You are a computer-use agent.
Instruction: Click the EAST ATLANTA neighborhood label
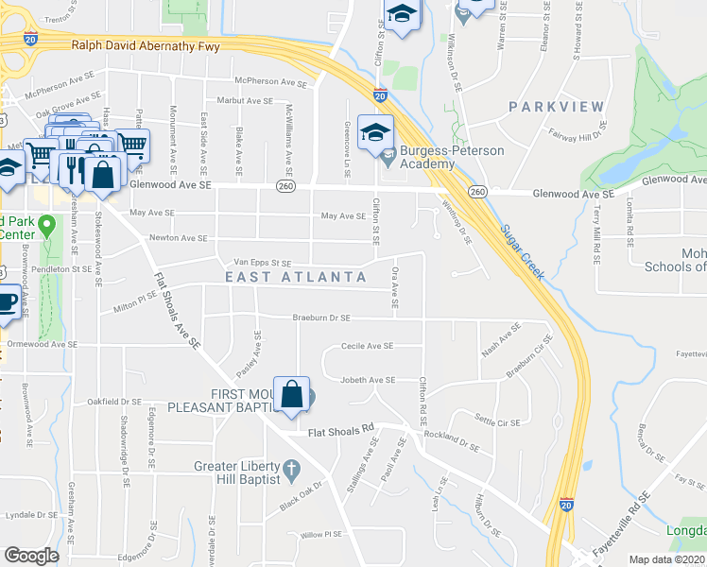click(x=296, y=277)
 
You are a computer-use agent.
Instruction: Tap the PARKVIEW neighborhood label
click(x=555, y=107)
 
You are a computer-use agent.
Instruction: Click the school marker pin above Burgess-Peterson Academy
click(x=376, y=134)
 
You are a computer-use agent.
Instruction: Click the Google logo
click(x=31, y=556)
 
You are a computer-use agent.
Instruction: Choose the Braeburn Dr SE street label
click(x=320, y=318)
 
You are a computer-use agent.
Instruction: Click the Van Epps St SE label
click(x=255, y=263)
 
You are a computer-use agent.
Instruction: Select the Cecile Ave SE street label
click(x=367, y=346)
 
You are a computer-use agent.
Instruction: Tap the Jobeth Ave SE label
click(x=368, y=380)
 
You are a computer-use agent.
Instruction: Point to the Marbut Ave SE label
click(x=244, y=100)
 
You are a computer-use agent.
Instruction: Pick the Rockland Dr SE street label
click(x=453, y=440)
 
